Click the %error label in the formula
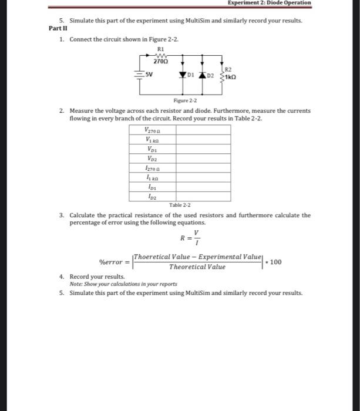point(111,261)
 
